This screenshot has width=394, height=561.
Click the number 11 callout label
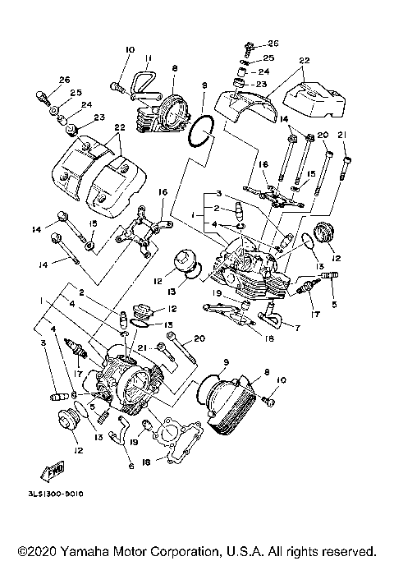coord(149,58)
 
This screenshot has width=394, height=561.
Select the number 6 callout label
coord(131,465)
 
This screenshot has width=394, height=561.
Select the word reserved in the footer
coord(348,550)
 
